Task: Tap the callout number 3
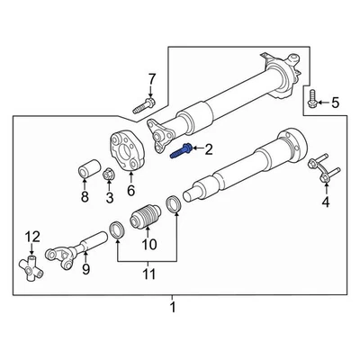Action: [109, 198]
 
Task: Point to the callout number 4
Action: [326, 202]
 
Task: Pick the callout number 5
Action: [336, 103]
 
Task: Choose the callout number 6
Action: [130, 190]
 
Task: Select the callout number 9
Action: [86, 267]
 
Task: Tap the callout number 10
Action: [148, 243]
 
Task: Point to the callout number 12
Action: [33, 237]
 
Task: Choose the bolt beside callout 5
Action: [310, 100]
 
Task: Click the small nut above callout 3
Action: [105, 175]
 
